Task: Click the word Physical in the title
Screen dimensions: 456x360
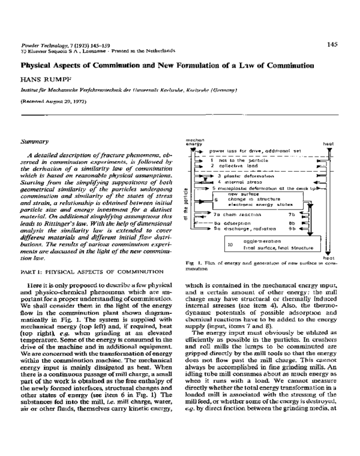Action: click(x=40, y=64)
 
